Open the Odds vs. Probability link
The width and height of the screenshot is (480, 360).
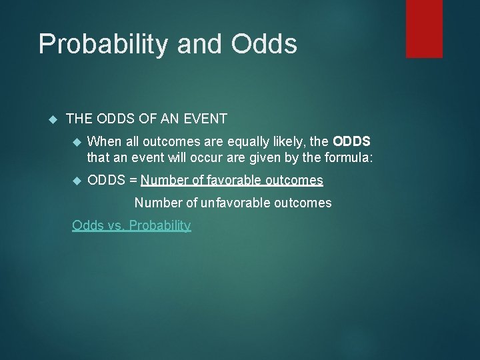(x=131, y=225)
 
